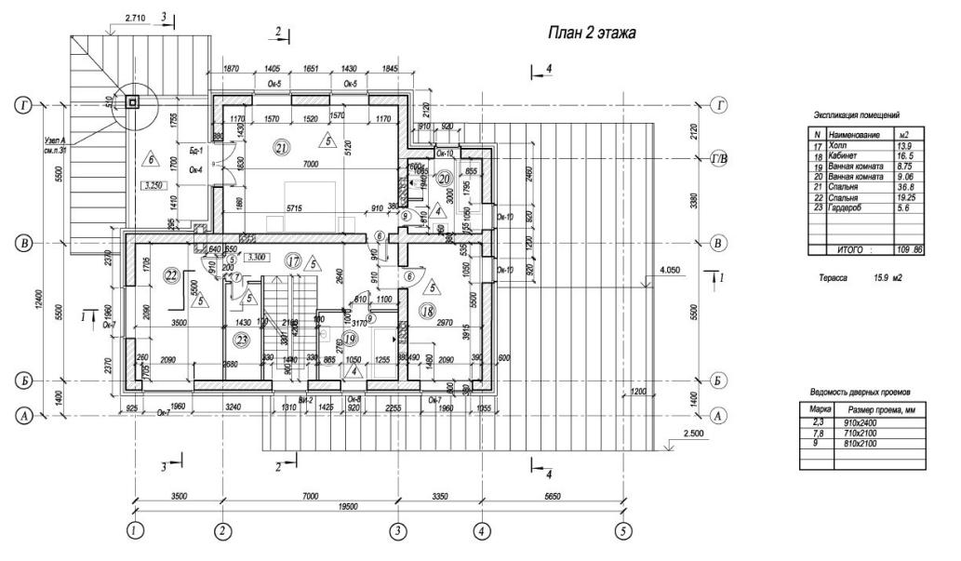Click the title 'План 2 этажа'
(x=591, y=33)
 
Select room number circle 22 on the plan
(x=170, y=274)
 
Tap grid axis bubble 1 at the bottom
(x=136, y=530)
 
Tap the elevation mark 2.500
(x=693, y=434)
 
